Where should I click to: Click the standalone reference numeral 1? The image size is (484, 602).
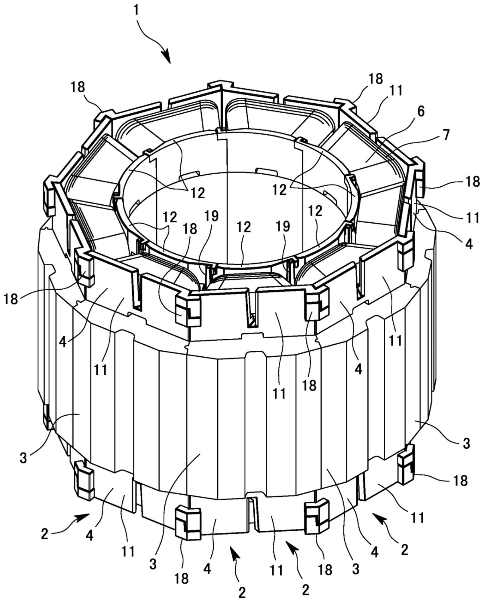click(x=136, y=11)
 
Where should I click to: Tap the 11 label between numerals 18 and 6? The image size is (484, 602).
click(x=395, y=91)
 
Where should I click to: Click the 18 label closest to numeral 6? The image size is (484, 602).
click(x=375, y=78)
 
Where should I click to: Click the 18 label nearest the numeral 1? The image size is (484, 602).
click(x=78, y=87)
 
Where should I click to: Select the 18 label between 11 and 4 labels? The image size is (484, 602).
click(x=309, y=385)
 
